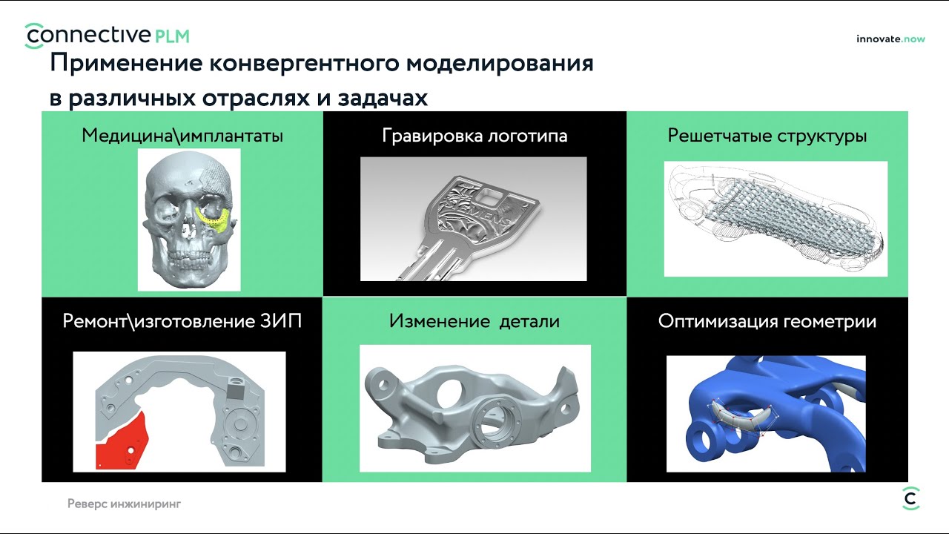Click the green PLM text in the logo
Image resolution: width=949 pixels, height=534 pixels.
(x=172, y=36)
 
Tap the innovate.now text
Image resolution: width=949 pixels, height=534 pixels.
(x=890, y=39)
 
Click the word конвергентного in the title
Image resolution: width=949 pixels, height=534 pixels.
(x=303, y=64)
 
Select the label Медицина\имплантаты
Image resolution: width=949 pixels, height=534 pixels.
(x=182, y=136)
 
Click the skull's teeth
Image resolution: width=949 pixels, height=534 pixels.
(x=190, y=257)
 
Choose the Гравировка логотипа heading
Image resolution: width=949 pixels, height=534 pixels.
(x=474, y=136)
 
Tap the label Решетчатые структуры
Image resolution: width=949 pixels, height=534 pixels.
(x=767, y=136)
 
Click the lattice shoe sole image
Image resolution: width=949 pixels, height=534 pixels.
(x=776, y=219)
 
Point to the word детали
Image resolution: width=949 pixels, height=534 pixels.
(x=529, y=321)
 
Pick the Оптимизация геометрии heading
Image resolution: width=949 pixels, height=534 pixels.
(x=767, y=321)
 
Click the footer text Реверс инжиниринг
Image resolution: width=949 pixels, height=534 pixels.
(x=124, y=504)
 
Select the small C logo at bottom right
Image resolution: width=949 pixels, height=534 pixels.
(x=910, y=498)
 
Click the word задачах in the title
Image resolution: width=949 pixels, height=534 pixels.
(x=383, y=99)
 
